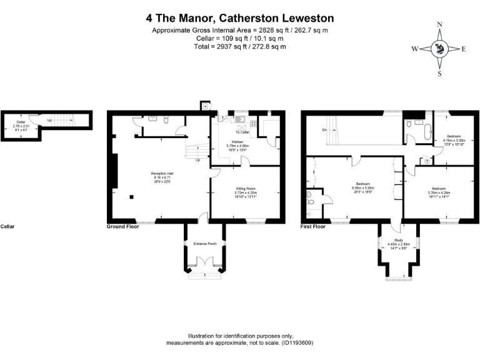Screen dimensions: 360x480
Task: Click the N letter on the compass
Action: (x=439, y=24)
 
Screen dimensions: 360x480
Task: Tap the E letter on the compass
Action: (x=463, y=49)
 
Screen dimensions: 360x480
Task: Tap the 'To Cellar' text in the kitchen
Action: (x=242, y=132)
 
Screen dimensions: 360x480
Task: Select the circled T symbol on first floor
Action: (x=426, y=161)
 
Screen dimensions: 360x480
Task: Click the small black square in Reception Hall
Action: (x=132, y=197)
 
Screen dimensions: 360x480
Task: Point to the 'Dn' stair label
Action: (x=324, y=130)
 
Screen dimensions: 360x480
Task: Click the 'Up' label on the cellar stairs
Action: (x=49, y=120)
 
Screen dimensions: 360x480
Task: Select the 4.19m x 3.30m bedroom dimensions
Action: (x=454, y=141)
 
